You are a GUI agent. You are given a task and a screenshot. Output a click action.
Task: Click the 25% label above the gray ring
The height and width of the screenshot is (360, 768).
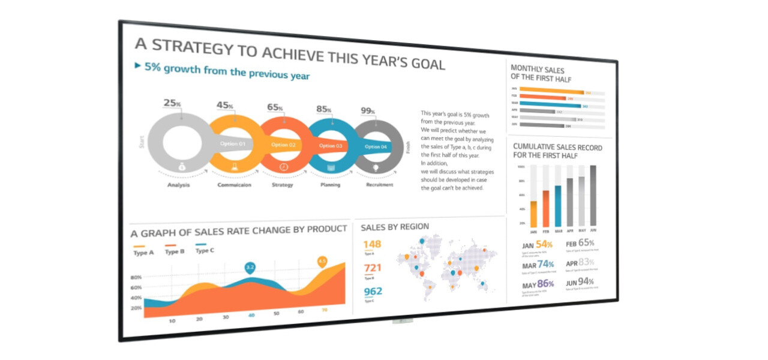(172, 103)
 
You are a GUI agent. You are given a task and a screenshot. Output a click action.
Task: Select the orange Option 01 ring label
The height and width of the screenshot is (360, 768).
(233, 144)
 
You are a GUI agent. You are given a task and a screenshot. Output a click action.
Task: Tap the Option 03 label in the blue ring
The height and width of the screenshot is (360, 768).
(331, 146)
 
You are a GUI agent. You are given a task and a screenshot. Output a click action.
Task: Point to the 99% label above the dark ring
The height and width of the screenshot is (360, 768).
(368, 111)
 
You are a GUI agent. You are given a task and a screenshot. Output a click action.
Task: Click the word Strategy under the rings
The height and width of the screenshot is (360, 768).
(282, 185)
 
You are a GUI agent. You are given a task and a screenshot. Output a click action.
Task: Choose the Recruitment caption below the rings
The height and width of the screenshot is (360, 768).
(379, 185)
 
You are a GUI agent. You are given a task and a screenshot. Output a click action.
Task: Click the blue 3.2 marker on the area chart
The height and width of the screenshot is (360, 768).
(250, 267)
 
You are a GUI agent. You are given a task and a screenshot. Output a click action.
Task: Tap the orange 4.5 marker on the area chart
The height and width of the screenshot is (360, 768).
(322, 261)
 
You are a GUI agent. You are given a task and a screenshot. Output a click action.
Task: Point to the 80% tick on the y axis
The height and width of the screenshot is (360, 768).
(136, 278)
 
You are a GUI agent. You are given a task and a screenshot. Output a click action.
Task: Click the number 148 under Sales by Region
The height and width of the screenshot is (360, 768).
(372, 244)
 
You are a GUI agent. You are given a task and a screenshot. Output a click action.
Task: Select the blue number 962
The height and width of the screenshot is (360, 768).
(373, 292)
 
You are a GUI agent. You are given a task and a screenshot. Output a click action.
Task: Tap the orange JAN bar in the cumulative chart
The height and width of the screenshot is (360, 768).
(533, 214)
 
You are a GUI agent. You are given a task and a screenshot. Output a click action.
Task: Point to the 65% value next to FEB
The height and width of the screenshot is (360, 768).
(586, 243)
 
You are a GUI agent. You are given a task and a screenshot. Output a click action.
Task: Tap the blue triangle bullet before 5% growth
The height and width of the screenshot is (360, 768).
(137, 65)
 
